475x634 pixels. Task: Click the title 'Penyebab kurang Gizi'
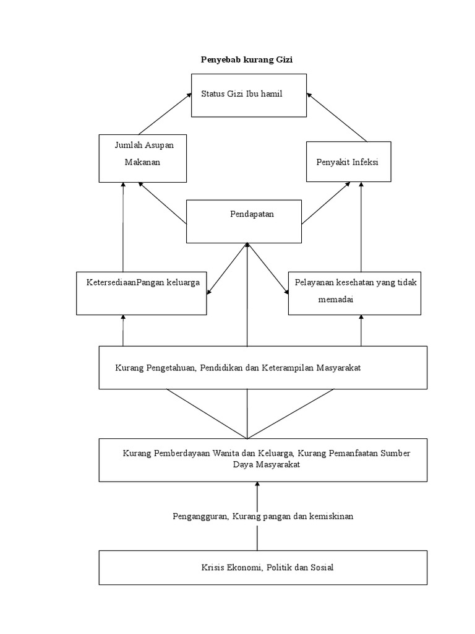(x=247, y=60)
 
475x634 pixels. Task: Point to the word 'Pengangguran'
(x=201, y=517)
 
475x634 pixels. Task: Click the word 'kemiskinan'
(x=332, y=516)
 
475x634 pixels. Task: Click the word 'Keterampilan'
(x=288, y=368)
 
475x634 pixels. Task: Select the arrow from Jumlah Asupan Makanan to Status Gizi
(x=165, y=114)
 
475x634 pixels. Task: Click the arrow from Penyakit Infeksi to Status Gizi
(x=337, y=117)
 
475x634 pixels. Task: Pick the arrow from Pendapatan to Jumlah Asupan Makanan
(x=163, y=203)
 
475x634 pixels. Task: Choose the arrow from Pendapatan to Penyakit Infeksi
(x=326, y=203)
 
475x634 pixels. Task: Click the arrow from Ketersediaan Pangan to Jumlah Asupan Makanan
(x=123, y=227)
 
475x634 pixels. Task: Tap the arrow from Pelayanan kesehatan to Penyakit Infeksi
(x=361, y=227)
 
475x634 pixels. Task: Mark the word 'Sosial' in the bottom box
(x=322, y=567)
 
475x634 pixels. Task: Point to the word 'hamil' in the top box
(x=272, y=94)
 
